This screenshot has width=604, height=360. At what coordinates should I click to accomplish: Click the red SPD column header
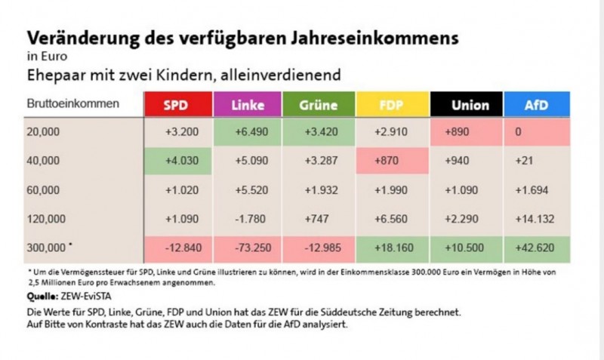[x=177, y=105]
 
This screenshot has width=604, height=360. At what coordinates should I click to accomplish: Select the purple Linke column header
[x=248, y=105]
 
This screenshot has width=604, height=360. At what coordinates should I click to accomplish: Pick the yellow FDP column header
[x=390, y=105]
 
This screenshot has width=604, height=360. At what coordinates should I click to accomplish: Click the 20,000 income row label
[x=42, y=131]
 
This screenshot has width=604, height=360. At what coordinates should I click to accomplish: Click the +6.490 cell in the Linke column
[x=248, y=131]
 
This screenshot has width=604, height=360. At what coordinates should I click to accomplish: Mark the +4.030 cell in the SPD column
[x=177, y=161]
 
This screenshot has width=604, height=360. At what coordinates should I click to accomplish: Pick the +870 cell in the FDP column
[x=390, y=161]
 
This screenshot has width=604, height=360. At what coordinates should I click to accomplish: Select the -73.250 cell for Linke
[x=248, y=248]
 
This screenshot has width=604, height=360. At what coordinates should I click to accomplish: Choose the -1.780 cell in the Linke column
[x=248, y=219]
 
